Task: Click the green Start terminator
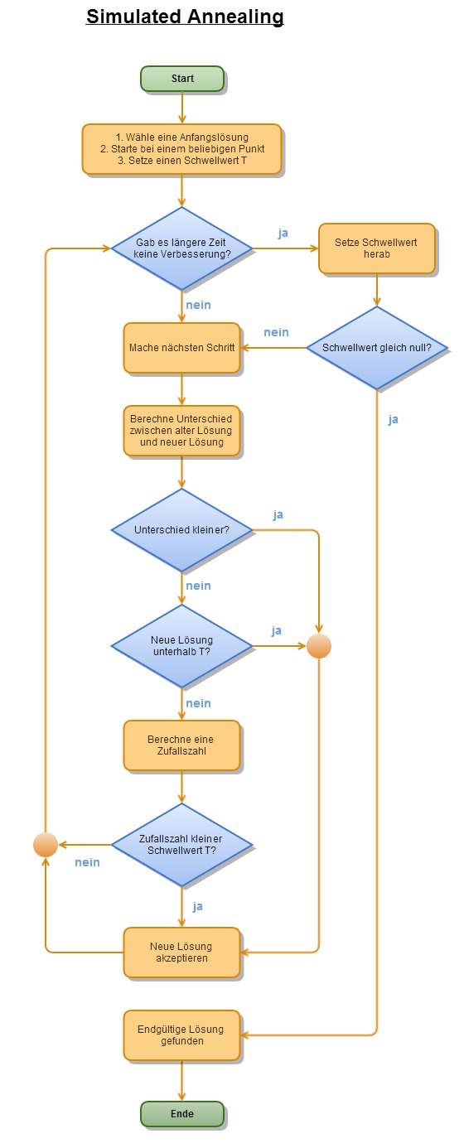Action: (182, 79)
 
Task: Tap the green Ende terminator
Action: (182, 1114)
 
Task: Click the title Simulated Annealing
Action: (185, 17)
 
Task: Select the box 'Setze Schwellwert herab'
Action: (377, 248)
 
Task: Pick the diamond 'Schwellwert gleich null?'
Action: (377, 348)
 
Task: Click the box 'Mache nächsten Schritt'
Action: (181, 348)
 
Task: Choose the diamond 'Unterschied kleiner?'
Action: (181, 530)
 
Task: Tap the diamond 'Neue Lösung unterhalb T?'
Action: (181, 646)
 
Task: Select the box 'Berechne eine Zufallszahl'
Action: (181, 745)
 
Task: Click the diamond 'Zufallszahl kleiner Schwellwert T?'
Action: (181, 845)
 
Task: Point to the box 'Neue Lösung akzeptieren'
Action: (181, 952)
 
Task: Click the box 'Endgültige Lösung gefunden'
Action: (181, 1035)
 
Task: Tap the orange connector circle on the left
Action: (46, 845)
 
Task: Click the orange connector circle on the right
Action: (319, 646)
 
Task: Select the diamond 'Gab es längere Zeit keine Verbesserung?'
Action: (181, 248)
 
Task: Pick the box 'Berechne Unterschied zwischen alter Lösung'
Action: (181, 431)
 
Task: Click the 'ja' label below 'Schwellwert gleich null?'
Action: (393, 419)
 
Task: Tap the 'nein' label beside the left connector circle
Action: (87, 862)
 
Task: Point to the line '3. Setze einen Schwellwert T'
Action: (182, 161)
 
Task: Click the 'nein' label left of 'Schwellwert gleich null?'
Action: (276, 332)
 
